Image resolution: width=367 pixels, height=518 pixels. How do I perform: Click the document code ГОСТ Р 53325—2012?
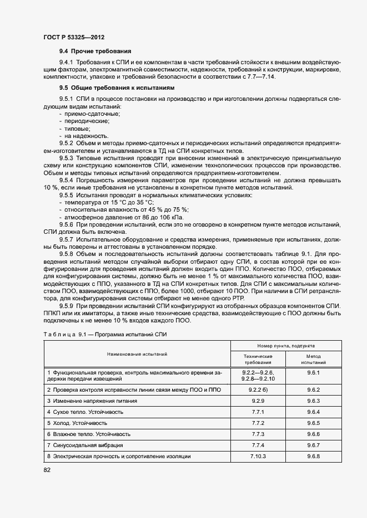tap(74, 37)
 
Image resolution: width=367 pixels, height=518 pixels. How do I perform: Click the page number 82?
tap(47, 470)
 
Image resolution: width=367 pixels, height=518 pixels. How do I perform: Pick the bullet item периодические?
tap(87, 121)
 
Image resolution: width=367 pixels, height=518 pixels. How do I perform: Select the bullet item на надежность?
tap(87, 136)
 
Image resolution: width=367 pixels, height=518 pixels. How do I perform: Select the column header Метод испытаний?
tap(313, 359)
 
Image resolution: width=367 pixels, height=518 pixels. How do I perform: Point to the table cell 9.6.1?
tap(313, 373)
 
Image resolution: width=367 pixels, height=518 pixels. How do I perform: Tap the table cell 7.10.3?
tap(258, 456)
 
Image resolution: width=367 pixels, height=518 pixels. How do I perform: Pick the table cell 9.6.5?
tap(313, 423)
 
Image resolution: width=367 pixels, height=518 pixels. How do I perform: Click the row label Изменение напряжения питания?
tap(90, 401)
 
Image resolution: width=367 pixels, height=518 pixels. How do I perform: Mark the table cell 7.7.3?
tap(258, 434)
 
